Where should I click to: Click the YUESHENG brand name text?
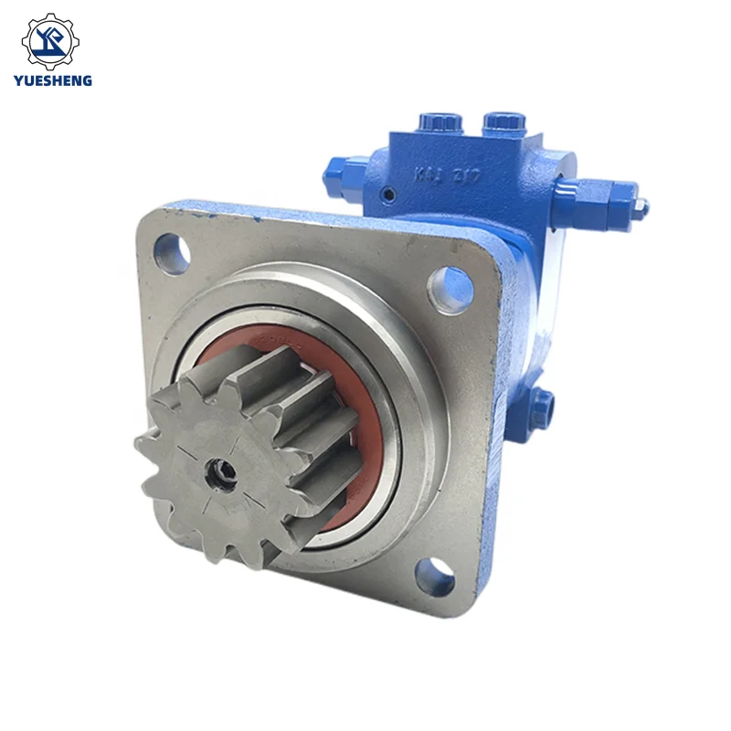coord(53,80)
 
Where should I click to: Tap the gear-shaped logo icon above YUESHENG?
coord(52,41)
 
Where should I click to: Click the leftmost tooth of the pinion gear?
coord(144,444)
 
